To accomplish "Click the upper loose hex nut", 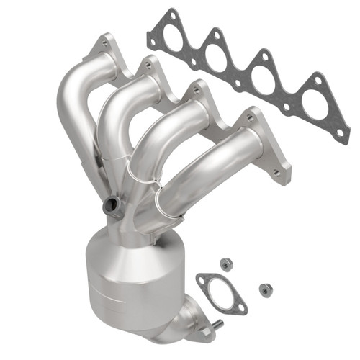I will point(225,264).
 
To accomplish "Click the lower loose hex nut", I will point(265,289).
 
